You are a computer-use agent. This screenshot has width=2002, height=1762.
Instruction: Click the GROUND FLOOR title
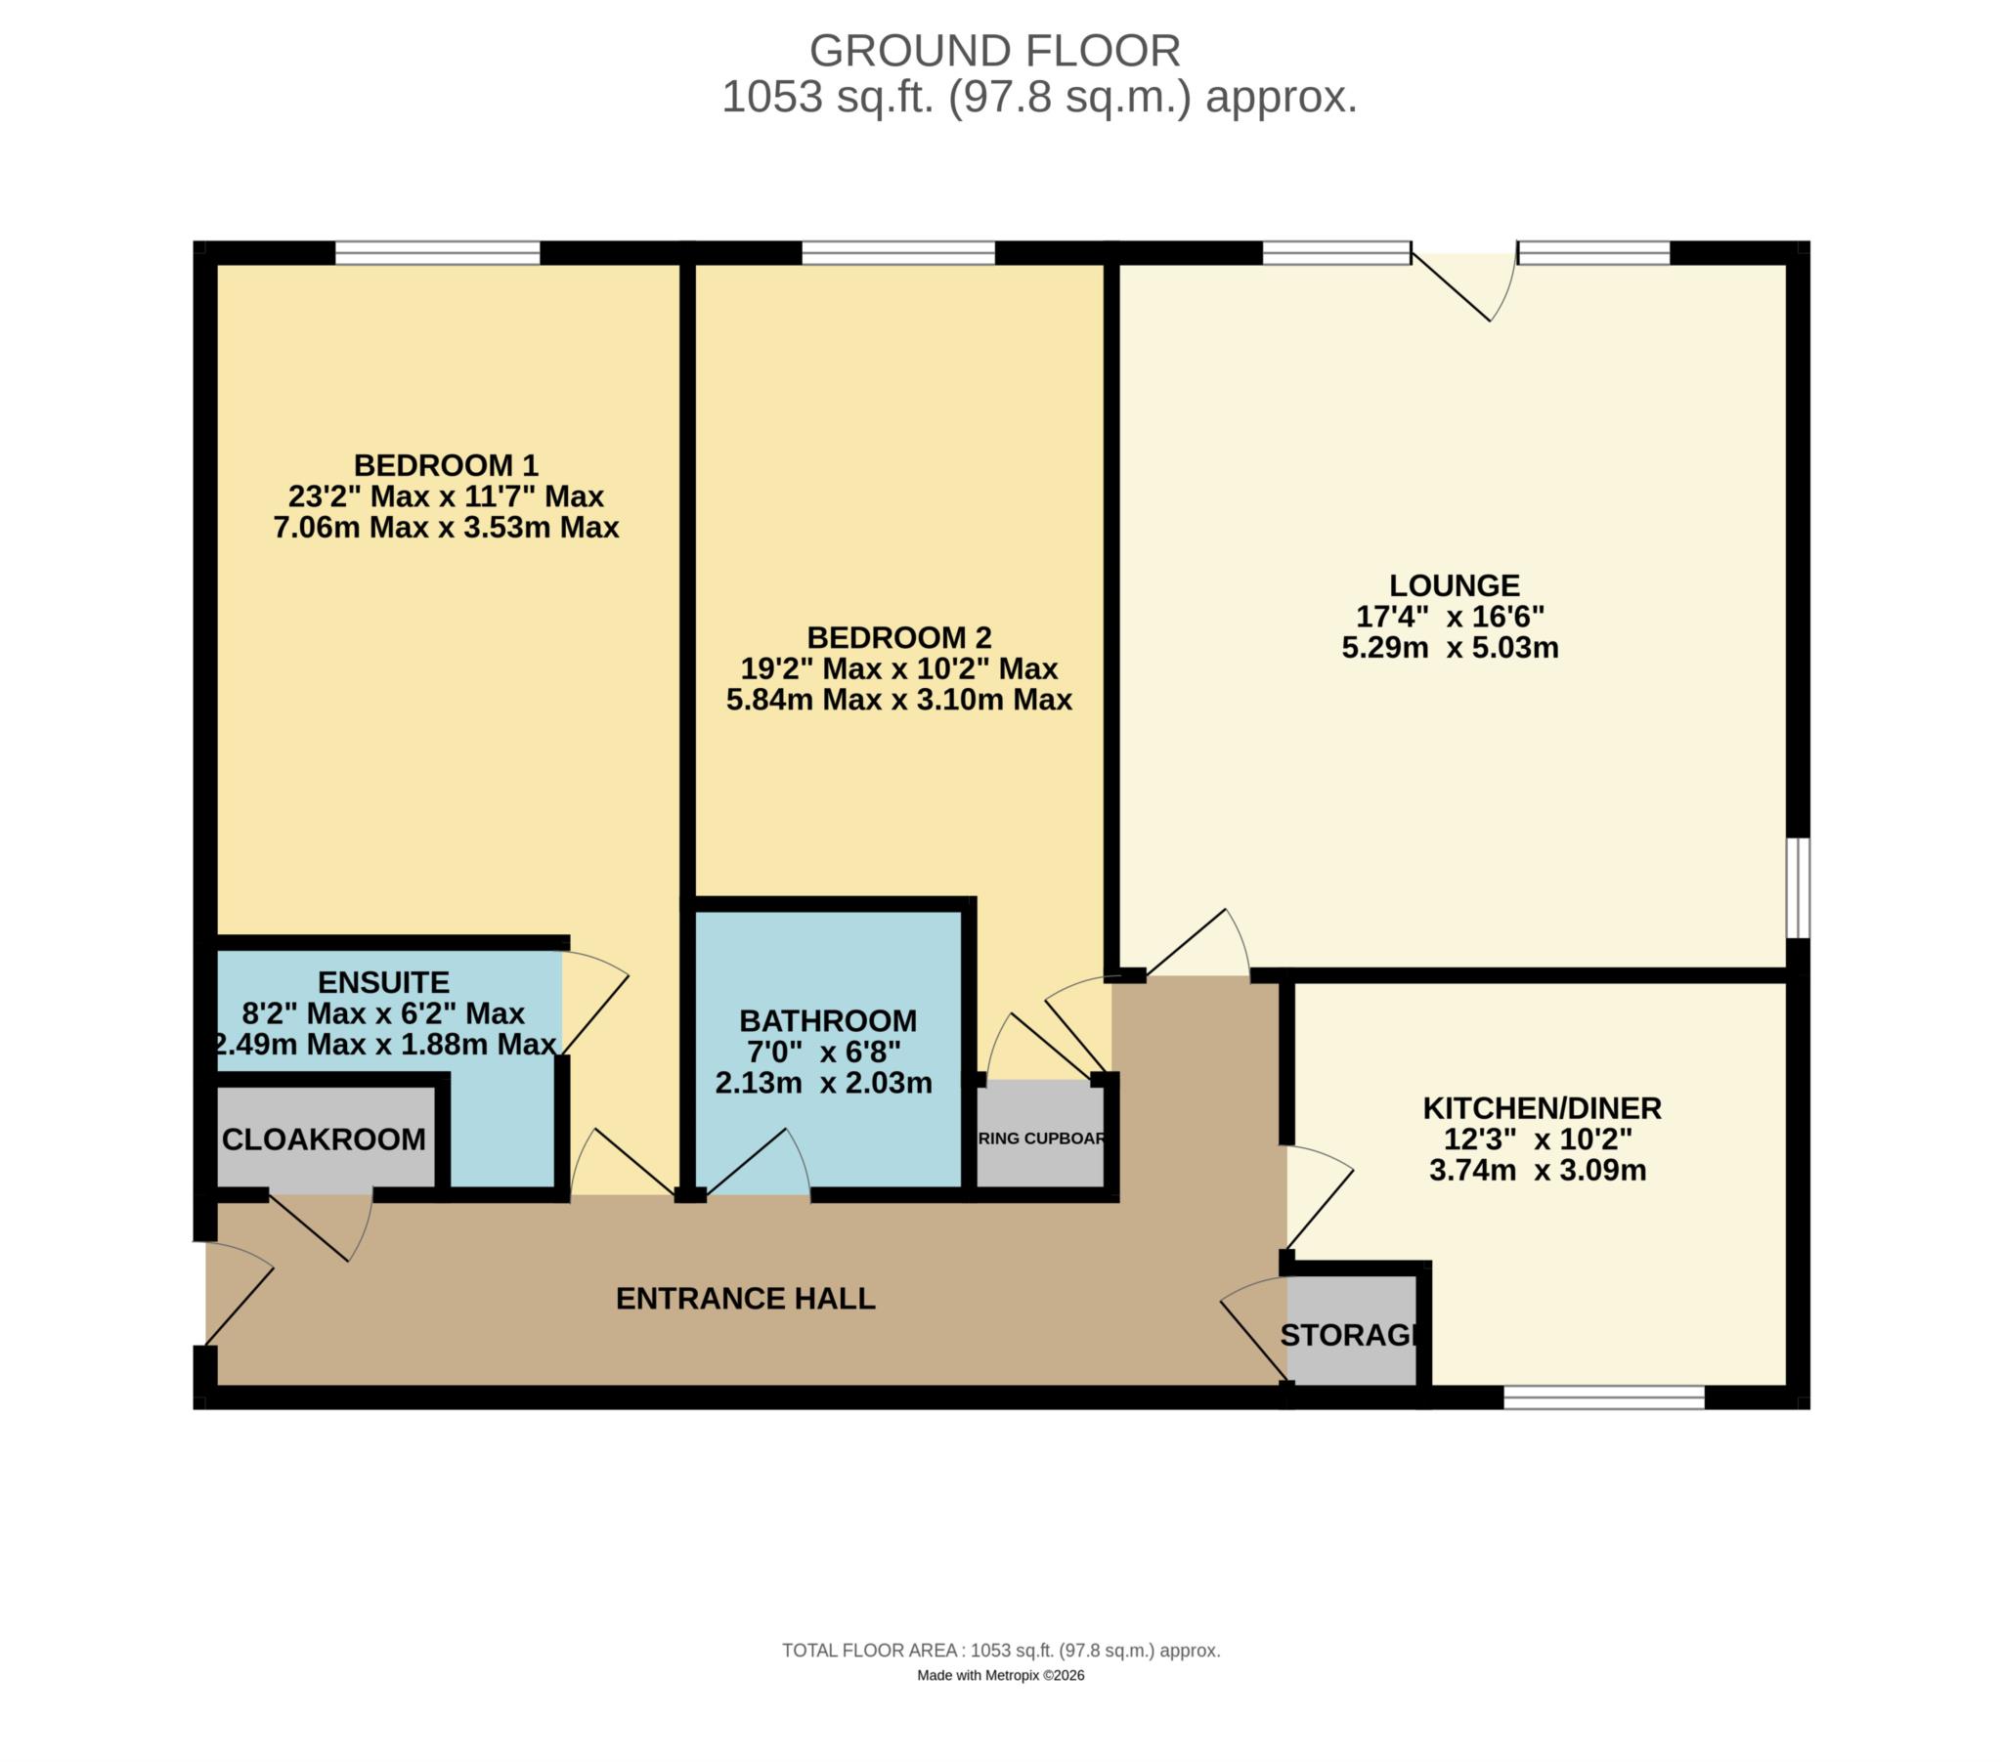pos(994,51)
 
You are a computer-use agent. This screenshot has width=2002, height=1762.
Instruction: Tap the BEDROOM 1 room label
pos(446,464)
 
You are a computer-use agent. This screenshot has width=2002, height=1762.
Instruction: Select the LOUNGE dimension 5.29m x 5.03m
pos(1450,647)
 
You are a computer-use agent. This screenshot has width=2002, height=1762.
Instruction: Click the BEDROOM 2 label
pos(899,637)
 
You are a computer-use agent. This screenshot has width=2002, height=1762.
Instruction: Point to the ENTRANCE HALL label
pos(745,1299)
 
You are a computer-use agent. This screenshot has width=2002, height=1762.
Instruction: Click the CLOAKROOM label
pos(325,1139)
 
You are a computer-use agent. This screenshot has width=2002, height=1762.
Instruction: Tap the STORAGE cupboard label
pos(1350,1334)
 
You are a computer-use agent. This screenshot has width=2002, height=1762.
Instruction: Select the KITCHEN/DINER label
pos(1542,1109)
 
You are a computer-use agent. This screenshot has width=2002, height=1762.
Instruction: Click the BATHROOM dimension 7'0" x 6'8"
pos(824,1052)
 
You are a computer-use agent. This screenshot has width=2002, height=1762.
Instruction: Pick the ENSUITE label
pos(384,981)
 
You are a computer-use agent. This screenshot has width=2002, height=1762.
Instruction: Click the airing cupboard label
pos(1041,1139)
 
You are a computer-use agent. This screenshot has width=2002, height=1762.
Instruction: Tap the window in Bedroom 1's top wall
pos(438,253)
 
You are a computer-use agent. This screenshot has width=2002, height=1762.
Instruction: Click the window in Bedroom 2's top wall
pos(898,253)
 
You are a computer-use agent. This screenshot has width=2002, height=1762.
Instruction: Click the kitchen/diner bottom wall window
pos(1604,1397)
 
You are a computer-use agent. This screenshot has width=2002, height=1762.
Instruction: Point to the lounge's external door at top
pos(1463,284)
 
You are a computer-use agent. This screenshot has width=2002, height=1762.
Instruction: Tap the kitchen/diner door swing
pos(1318,1199)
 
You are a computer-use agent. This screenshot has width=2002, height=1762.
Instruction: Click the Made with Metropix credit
pos(1000,1675)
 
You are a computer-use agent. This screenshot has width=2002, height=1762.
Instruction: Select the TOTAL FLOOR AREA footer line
pos(1000,1651)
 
